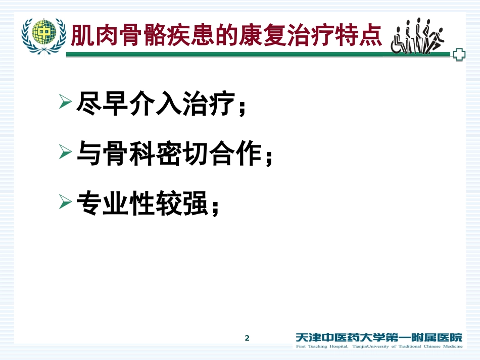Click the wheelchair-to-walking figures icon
click(x=417, y=36)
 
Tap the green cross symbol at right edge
click(x=459, y=55)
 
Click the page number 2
click(x=247, y=338)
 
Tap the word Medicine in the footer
click(x=447, y=346)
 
